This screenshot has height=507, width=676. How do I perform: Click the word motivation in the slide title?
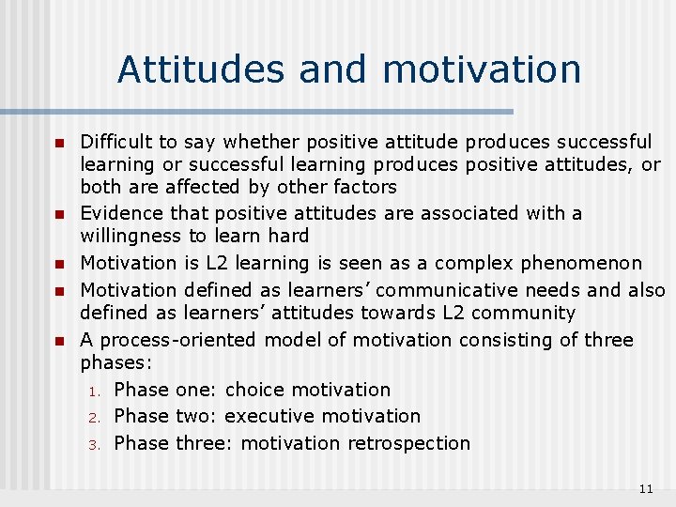click(482, 69)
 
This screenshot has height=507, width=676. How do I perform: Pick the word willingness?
click(131, 236)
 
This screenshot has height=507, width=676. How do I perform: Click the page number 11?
click(645, 488)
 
